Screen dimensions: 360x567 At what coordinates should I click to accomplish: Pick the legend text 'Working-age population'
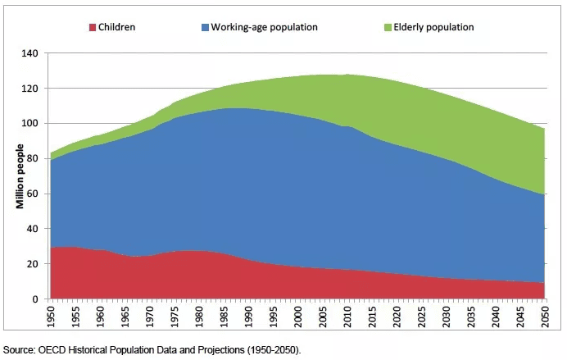264,28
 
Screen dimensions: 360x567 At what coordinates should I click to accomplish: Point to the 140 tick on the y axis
30,53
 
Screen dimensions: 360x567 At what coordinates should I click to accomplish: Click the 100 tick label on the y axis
30,124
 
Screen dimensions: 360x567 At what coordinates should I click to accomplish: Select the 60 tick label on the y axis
33,194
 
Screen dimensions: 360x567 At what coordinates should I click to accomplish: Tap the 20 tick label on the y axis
33,264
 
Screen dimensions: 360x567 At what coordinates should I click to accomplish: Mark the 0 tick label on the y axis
35,299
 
